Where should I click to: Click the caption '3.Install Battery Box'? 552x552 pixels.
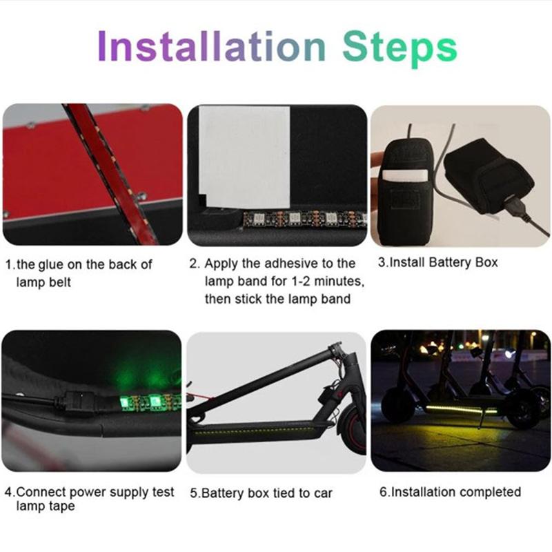tap(437, 263)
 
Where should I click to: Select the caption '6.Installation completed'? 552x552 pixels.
tap(450, 492)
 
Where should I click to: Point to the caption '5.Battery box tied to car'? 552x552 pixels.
tap(261, 493)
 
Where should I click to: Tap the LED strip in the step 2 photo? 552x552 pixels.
tap(297, 219)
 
